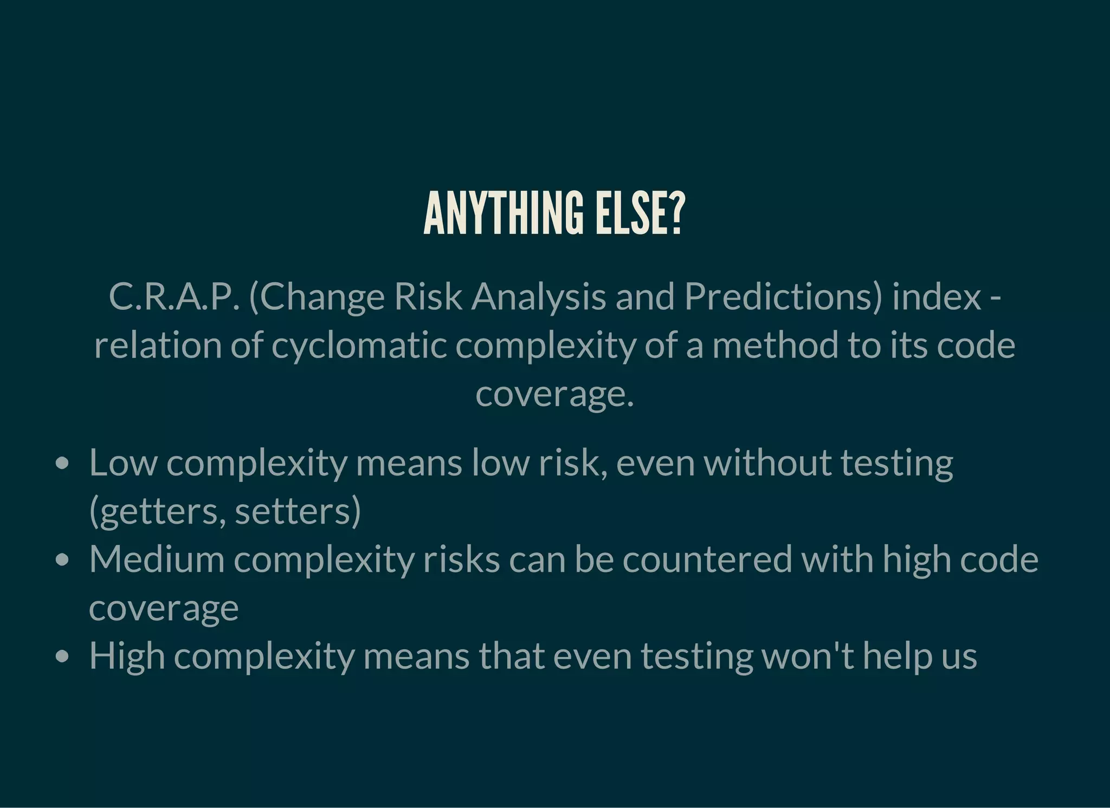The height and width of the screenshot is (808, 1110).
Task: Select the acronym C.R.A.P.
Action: click(x=173, y=297)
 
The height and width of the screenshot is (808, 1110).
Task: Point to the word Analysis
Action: click(x=539, y=297)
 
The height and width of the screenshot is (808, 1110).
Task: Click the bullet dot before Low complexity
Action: click(x=63, y=464)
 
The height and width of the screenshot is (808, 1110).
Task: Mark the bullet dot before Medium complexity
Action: click(x=63, y=560)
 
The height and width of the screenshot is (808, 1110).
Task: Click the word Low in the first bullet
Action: click(x=123, y=463)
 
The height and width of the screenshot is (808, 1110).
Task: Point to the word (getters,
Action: click(x=157, y=511)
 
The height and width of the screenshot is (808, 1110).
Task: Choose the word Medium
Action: click(x=157, y=559)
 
